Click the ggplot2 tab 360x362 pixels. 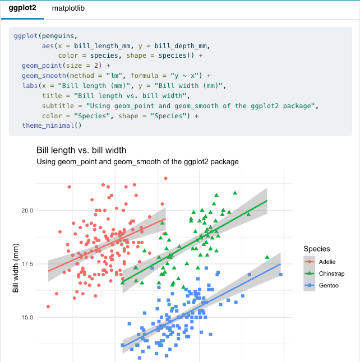click(22, 9)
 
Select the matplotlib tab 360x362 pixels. click(68, 9)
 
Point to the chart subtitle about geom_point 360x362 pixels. click(137, 161)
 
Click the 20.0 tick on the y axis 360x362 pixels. click(26, 211)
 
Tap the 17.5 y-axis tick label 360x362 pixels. click(26, 264)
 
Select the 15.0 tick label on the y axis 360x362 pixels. click(26, 317)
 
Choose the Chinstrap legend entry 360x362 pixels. click(331, 273)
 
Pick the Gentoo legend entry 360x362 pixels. click(328, 286)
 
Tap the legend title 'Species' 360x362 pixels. click(317, 249)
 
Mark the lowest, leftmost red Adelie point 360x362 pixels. click(48, 307)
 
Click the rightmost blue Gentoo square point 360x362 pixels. click(280, 275)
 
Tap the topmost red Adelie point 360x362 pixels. click(165, 178)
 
